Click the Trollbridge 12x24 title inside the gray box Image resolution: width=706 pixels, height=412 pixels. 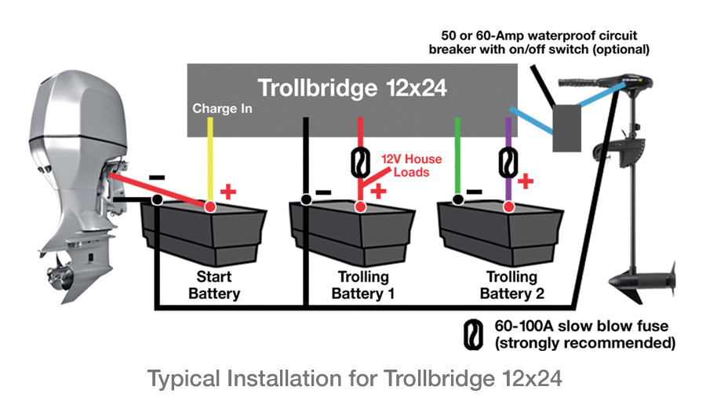pyautogui.click(x=353, y=88)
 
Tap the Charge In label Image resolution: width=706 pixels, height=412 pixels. pyautogui.click(x=222, y=109)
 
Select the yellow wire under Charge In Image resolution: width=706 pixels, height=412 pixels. pyautogui.click(x=209, y=157)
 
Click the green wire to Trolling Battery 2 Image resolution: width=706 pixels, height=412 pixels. pyautogui.click(x=458, y=157)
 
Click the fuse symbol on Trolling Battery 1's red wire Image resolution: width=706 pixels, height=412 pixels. pyautogui.click(x=359, y=163)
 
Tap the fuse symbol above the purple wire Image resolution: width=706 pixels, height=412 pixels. pyautogui.click(x=508, y=161)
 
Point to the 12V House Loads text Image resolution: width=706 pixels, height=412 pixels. pyautogui.click(x=411, y=166)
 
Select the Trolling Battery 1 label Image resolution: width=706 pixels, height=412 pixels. pyautogui.click(x=362, y=286)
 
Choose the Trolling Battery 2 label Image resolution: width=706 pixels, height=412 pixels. pyautogui.click(x=511, y=286)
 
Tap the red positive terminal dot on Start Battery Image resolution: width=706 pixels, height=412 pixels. pyautogui.click(x=209, y=206)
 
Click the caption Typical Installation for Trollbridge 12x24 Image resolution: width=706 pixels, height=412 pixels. pyautogui.click(x=355, y=379)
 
